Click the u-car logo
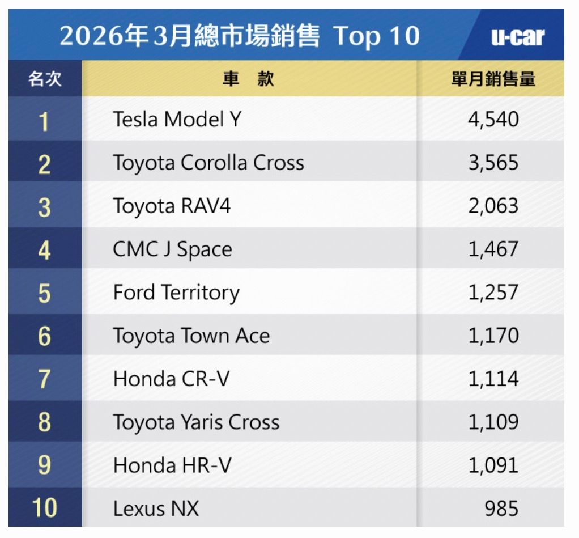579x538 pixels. click(517, 37)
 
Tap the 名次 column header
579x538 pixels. click(45, 79)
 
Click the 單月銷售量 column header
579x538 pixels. click(493, 79)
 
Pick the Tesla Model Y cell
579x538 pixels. click(177, 120)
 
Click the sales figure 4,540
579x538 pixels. click(493, 120)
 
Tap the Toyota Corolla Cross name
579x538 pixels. click(208, 163)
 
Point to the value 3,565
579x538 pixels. click(493, 163)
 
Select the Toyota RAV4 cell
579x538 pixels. click(172, 206)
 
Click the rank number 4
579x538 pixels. click(44, 249)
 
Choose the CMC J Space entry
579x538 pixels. click(172, 249)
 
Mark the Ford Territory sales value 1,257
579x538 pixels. click(493, 293)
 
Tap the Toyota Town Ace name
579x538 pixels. click(191, 336)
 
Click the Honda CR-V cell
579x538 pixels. click(171, 379)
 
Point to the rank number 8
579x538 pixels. click(44, 422)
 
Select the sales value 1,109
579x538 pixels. click(493, 422)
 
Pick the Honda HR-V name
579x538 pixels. click(172, 465)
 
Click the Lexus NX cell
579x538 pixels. click(156, 509)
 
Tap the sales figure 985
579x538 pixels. click(501, 509)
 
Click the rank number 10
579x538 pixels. click(44, 509)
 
